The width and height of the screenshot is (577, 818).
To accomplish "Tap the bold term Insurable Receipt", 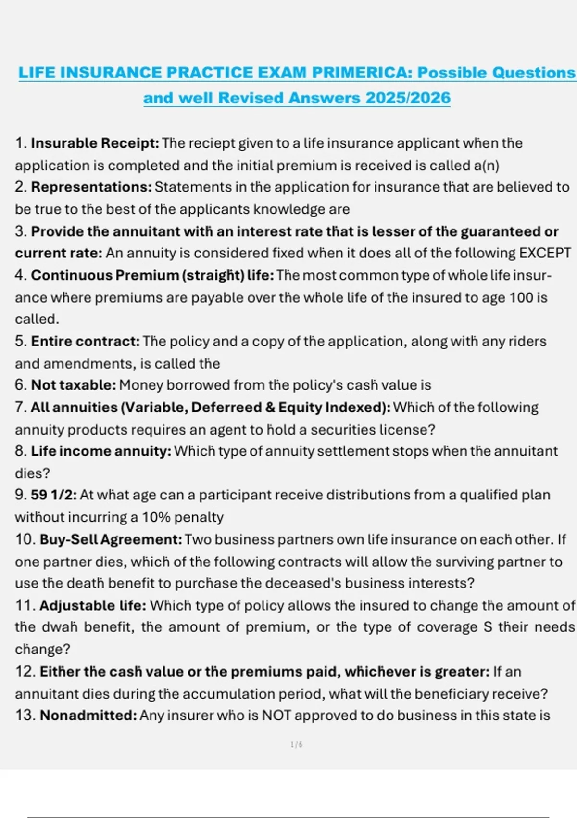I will [x=95, y=143].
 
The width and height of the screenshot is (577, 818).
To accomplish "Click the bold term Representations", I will [x=91, y=187].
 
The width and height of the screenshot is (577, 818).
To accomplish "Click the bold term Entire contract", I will [x=85, y=342].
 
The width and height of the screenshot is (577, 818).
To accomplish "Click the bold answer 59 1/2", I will [x=53, y=495].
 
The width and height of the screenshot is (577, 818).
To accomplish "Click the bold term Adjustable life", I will [x=93, y=605].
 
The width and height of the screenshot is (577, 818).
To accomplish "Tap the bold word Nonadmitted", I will [x=88, y=716].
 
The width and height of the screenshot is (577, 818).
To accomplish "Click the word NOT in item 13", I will [x=276, y=716].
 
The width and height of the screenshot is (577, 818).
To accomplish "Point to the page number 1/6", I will [x=297, y=745].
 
